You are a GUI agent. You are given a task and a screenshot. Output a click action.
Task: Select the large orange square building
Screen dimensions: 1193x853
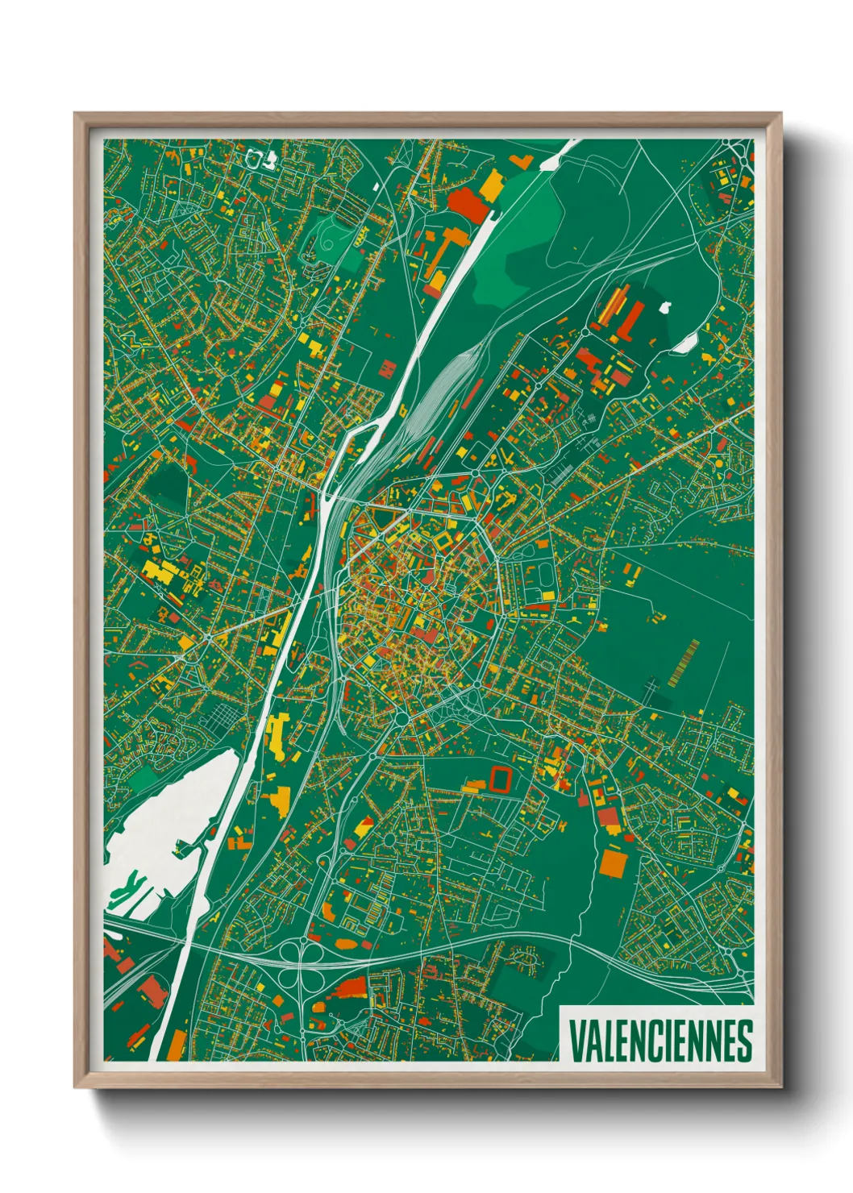[x=614, y=863]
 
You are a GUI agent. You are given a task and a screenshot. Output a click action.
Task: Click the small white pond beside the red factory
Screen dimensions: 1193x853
[x=665, y=306]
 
